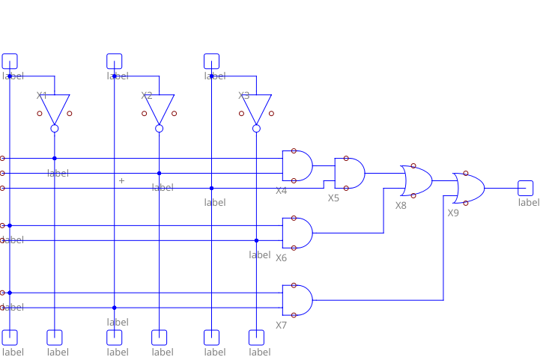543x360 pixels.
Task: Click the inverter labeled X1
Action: pos(55,109)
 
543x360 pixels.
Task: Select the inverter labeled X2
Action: pos(160,109)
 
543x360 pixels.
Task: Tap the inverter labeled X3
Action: pos(257,109)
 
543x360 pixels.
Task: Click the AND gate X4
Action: pos(297,165)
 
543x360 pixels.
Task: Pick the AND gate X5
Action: pos(350,173)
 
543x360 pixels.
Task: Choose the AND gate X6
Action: pos(297,233)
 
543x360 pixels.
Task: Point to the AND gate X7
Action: pos(297,300)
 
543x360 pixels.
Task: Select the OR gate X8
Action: pos(417,180)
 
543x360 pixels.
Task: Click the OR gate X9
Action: pos(469,188)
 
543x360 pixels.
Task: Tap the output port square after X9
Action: pos(525,188)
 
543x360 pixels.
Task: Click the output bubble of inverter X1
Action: pos(55,129)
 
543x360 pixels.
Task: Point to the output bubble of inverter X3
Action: pos(257,129)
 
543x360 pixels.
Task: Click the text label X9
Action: pos(453,213)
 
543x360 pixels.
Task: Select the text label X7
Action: pos(281,326)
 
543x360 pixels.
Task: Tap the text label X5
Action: pos(333,198)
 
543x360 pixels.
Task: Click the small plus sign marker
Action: pos(122,180)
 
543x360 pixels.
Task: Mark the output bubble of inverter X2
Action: pos(160,129)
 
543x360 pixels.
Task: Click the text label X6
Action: pos(281,258)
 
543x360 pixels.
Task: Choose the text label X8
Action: pos(401,205)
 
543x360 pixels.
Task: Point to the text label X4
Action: pos(281,191)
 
